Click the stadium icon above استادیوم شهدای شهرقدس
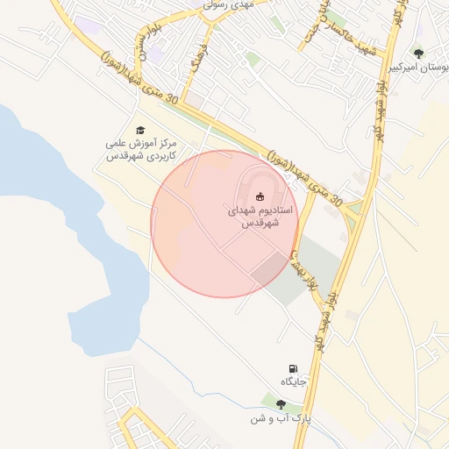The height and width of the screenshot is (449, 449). [260, 196]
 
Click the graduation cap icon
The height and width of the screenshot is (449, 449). [140, 129]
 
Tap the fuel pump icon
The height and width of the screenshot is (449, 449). [293, 369]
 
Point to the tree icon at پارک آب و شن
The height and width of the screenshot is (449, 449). [281, 404]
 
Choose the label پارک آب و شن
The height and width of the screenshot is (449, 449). [281, 419]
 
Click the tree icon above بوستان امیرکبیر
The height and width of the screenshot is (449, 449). [417, 53]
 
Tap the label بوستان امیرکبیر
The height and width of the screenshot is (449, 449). [417, 68]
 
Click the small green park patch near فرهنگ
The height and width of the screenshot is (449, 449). [253, 59]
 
